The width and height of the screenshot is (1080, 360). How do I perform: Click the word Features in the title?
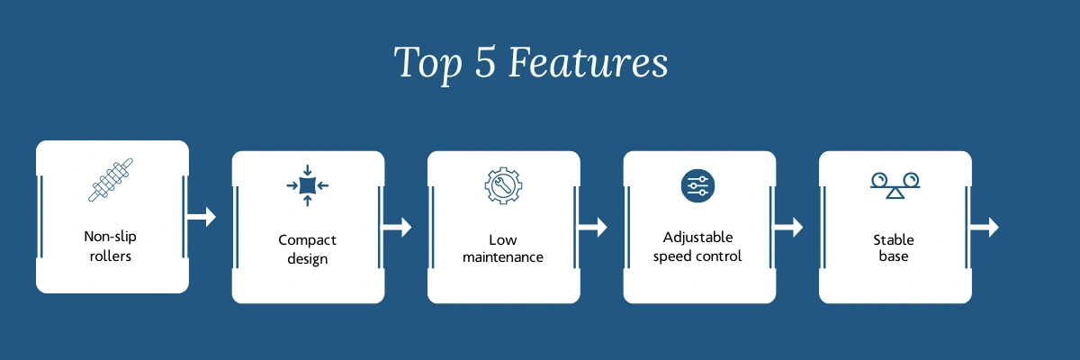click(588, 63)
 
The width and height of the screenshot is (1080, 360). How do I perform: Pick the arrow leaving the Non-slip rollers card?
click(202, 217)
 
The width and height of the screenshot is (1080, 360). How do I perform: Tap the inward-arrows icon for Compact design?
click(308, 185)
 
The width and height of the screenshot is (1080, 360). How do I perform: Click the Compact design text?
click(308, 249)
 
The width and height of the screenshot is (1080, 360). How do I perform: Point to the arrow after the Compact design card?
click(398, 227)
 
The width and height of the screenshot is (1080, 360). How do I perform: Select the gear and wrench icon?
click(503, 185)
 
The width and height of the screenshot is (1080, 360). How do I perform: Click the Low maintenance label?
click(503, 249)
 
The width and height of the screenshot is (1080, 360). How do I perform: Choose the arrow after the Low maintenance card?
click(593, 227)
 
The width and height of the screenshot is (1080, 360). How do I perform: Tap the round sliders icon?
click(698, 185)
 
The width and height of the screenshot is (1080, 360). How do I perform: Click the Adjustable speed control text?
click(698, 247)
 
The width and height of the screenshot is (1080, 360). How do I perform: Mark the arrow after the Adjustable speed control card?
click(788, 227)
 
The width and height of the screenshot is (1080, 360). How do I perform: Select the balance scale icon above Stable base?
click(894, 185)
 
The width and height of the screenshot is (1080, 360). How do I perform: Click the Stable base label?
click(894, 248)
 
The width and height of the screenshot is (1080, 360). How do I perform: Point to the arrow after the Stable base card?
click(985, 227)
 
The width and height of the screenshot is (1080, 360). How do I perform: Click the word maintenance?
click(503, 257)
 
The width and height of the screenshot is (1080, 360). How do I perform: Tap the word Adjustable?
click(698, 238)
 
